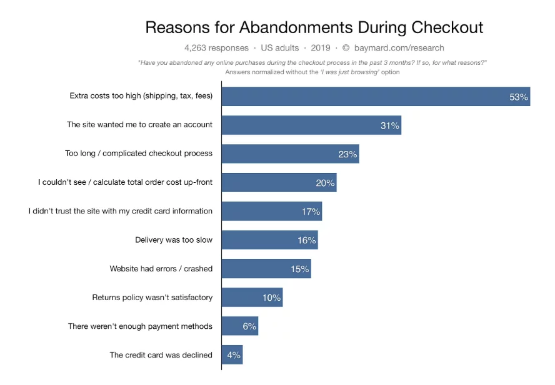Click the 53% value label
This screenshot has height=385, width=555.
pos(518,97)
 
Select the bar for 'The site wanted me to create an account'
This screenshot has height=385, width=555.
pos(300,125)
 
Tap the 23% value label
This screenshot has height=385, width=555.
pos(347,154)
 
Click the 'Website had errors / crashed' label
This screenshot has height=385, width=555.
pos(161,269)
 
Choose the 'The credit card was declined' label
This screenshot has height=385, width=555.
pos(161,355)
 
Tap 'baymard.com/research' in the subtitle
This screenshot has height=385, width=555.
pos(399,48)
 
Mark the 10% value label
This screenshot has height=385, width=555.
pos(271,298)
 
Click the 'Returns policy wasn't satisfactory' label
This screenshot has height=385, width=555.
pos(152,298)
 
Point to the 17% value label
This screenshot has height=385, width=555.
pos(311,212)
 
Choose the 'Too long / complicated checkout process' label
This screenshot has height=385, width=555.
pos(139,154)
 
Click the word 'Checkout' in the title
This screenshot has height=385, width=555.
pos(447,27)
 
